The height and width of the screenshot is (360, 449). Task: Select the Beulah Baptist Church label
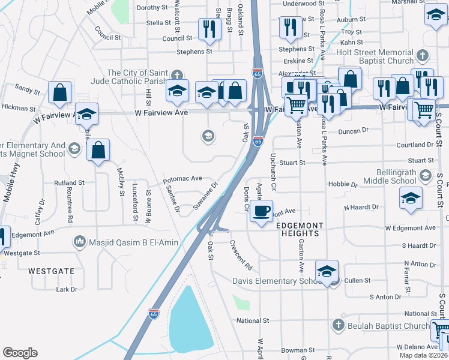(381, 326)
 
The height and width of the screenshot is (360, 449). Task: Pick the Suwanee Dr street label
(205, 199)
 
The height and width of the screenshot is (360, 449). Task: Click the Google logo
(20, 353)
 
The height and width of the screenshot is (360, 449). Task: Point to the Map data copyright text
(423, 355)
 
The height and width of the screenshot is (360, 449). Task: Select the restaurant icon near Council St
(208, 29)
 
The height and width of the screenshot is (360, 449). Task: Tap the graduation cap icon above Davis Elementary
(327, 271)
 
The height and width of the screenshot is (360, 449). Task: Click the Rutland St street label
(69, 183)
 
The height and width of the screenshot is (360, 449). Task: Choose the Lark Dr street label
(66, 289)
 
